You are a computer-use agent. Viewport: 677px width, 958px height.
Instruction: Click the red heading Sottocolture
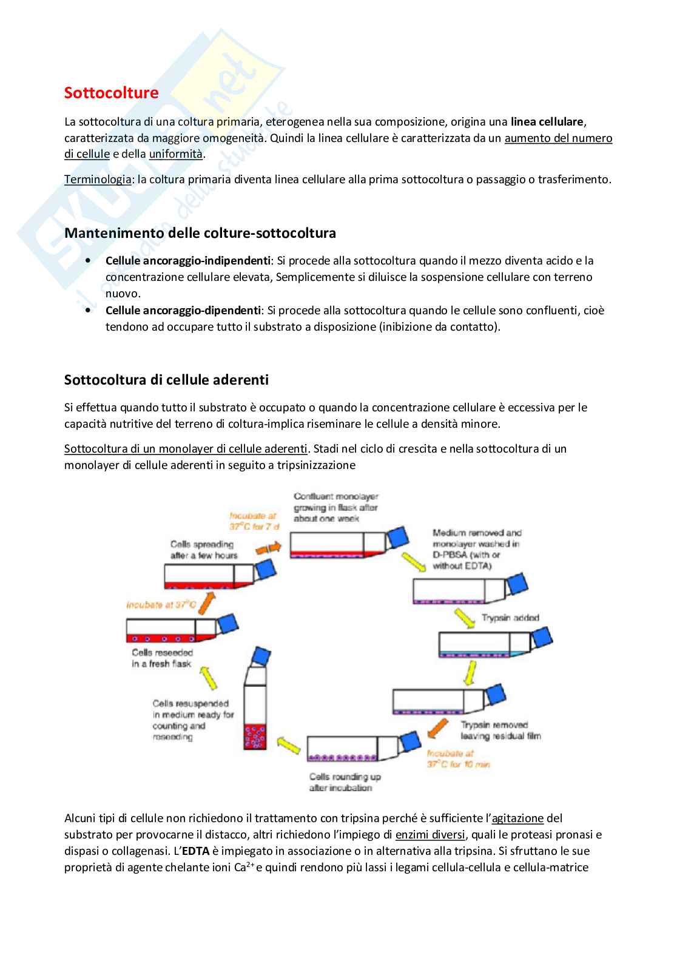111,93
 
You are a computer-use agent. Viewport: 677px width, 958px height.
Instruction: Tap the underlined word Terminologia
98,179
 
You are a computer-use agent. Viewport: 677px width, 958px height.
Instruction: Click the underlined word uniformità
175,154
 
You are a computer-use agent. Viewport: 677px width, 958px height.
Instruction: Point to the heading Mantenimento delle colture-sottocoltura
200,233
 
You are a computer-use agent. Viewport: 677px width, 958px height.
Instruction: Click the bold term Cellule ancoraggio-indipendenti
187,260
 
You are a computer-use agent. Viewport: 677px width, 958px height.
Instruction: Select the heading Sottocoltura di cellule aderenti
166,380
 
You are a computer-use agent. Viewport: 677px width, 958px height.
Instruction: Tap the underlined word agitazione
517,818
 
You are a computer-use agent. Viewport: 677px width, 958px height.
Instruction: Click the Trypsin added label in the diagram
510,618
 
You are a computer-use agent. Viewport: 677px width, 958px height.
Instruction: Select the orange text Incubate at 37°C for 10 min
458,759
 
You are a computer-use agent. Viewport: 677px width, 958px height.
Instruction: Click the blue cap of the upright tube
262,656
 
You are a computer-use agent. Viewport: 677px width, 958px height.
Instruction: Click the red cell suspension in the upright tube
255,735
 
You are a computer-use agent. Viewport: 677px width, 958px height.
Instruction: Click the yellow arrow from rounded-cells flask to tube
289,744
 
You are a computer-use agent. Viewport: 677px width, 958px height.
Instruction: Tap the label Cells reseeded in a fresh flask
162,658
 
